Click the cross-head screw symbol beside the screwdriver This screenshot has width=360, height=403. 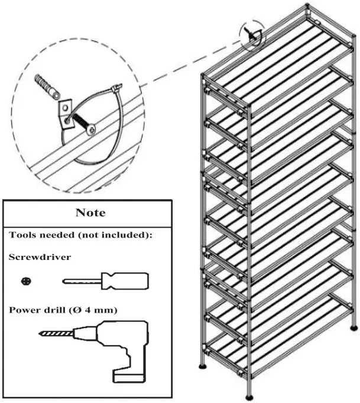coord(25,281)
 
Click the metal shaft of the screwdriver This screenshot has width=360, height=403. coord(83,281)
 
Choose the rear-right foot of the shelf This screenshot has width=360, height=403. coord(354,326)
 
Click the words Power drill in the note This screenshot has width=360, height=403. coord(35,308)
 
